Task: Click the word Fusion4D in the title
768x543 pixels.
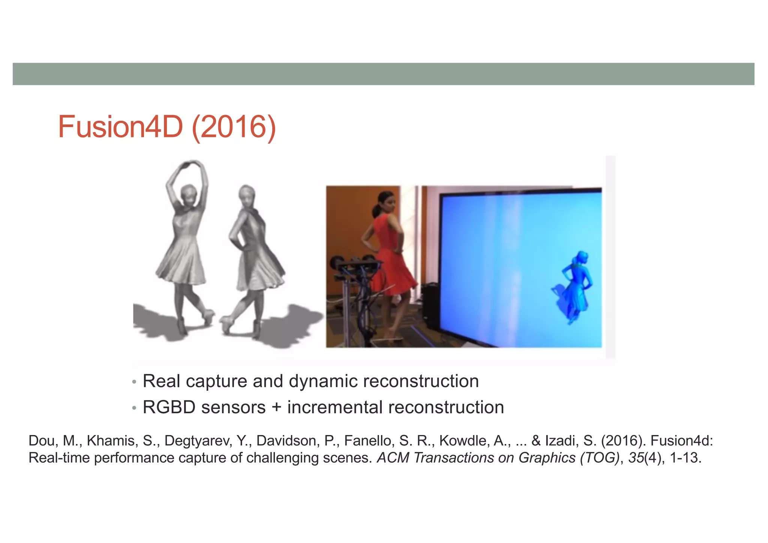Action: [120, 127]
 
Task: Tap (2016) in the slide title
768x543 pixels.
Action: [234, 127]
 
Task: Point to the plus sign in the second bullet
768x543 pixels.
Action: [276, 408]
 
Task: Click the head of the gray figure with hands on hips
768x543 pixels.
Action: [247, 195]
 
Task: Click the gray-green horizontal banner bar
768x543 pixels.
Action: [383, 74]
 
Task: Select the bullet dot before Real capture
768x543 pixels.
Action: [134, 382]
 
